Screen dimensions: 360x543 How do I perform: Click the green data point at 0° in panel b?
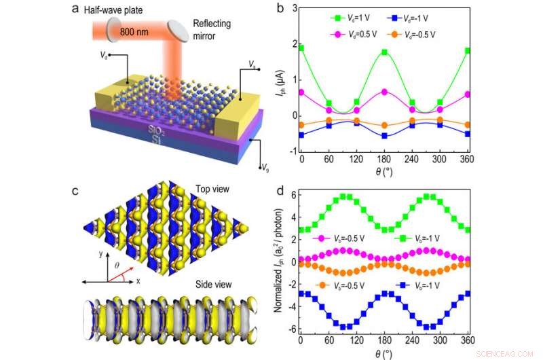[x=301, y=48]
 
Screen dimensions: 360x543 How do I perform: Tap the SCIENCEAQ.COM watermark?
[x=512, y=353]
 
